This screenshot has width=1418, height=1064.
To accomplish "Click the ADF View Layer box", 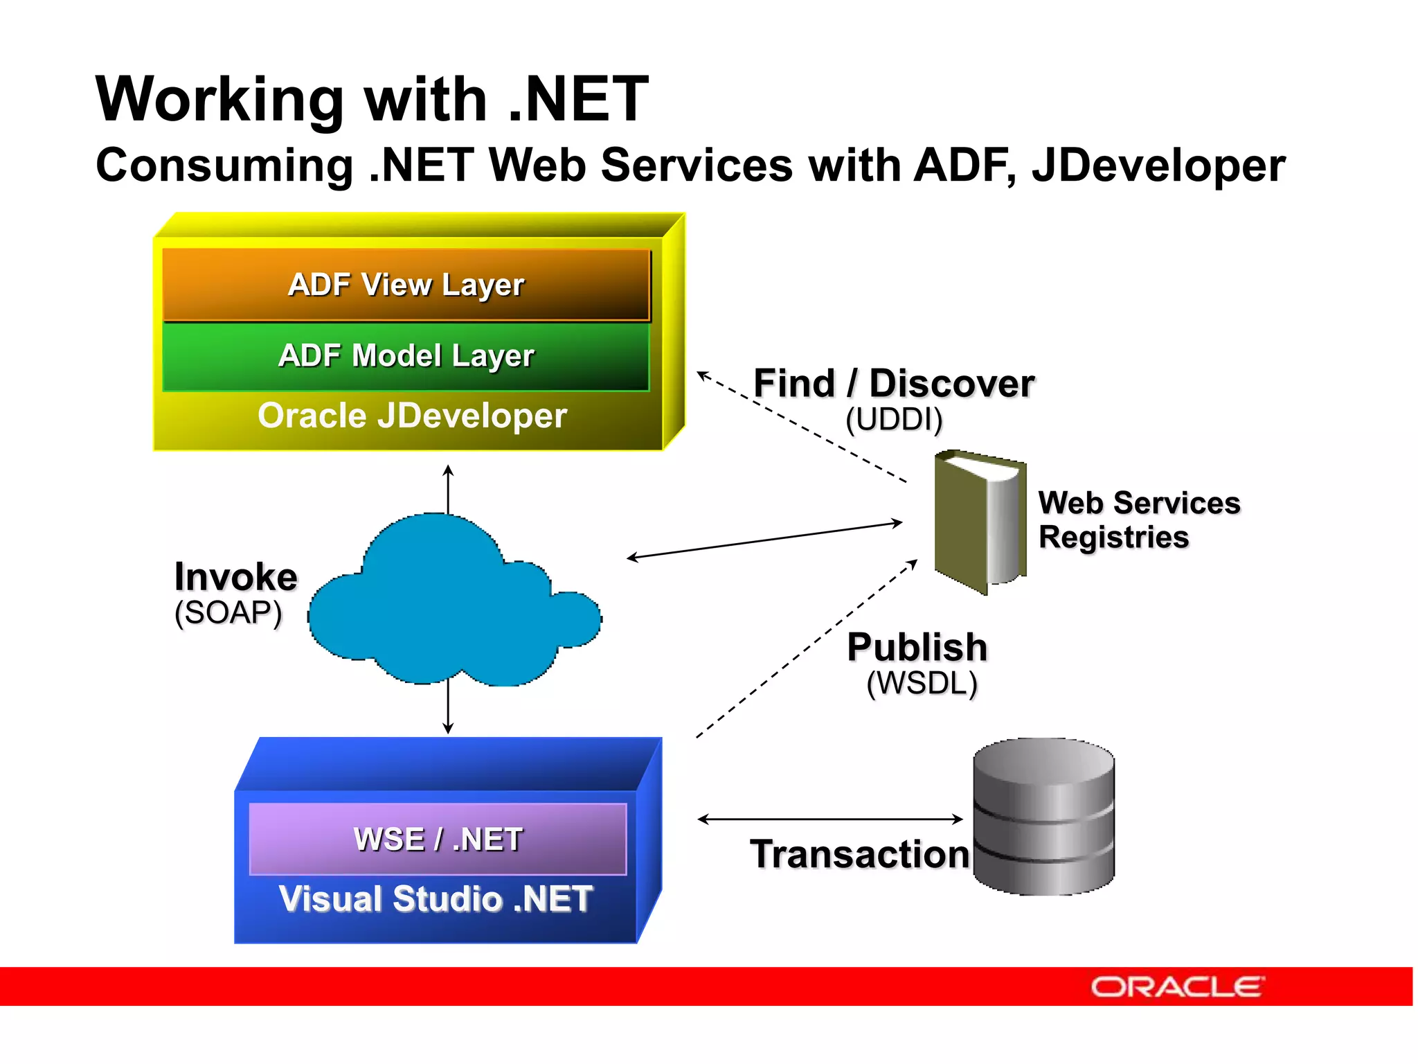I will (406, 285).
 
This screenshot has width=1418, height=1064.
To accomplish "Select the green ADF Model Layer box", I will (406, 356).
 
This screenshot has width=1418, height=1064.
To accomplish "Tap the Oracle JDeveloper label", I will (413, 416).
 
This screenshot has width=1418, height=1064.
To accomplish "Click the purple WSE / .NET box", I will (438, 839).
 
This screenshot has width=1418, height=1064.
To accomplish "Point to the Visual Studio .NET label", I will (436, 899).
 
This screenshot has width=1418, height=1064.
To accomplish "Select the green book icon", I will (979, 521).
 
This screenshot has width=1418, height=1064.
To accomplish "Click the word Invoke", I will (236, 577).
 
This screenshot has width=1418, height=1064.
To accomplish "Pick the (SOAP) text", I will (228, 612).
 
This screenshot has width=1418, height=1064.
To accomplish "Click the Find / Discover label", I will (894, 383).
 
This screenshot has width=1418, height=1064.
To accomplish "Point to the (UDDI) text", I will (894, 419).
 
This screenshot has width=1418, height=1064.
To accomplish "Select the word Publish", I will (917, 647).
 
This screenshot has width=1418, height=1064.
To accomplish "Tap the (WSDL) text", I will (922, 683).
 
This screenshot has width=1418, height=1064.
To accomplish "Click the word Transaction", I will (859, 854).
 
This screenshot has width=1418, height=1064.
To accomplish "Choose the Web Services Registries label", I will (1138, 520).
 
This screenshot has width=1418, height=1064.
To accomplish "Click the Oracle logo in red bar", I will (1177, 986).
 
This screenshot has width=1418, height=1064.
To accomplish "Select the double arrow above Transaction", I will (830, 819).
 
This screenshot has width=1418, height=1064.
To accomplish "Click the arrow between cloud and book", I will (764, 540).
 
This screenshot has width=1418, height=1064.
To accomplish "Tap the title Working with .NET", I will (372, 99).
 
